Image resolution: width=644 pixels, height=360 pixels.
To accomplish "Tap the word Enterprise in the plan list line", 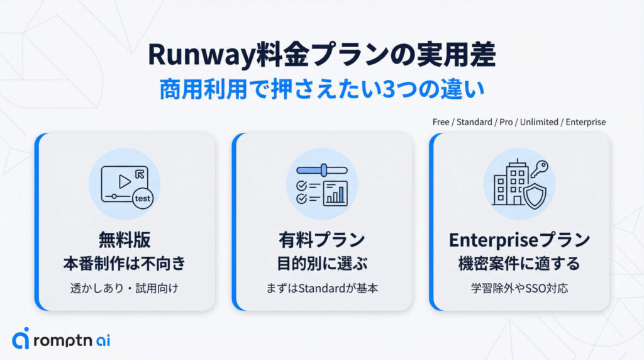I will (x=586, y=122).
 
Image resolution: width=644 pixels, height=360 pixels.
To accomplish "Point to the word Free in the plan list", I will (x=440, y=122).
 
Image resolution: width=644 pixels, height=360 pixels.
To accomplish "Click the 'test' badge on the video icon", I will (x=143, y=199).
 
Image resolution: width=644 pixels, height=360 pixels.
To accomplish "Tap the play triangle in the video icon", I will (x=125, y=181).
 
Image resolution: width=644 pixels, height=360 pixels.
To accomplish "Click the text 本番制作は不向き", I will (x=125, y=264).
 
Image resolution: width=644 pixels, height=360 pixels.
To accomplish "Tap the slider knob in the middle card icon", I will (x=325, y=171).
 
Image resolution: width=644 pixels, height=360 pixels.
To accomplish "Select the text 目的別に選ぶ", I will (x=321, y=264).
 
